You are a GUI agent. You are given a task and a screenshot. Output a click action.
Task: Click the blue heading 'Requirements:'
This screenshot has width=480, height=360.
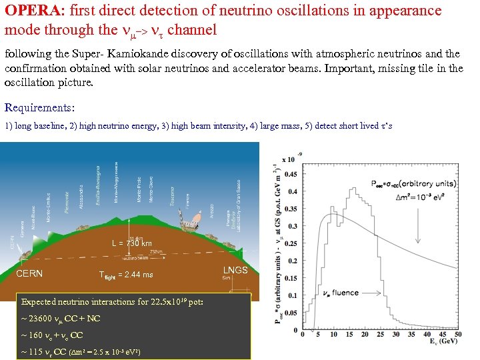[39, 107]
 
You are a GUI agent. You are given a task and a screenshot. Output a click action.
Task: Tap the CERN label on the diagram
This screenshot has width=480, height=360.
[30, 273]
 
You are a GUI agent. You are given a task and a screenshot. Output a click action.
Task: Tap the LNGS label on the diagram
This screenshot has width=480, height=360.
[235, 270]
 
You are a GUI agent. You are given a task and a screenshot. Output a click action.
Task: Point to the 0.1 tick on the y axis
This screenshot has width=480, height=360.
[291, 295]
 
